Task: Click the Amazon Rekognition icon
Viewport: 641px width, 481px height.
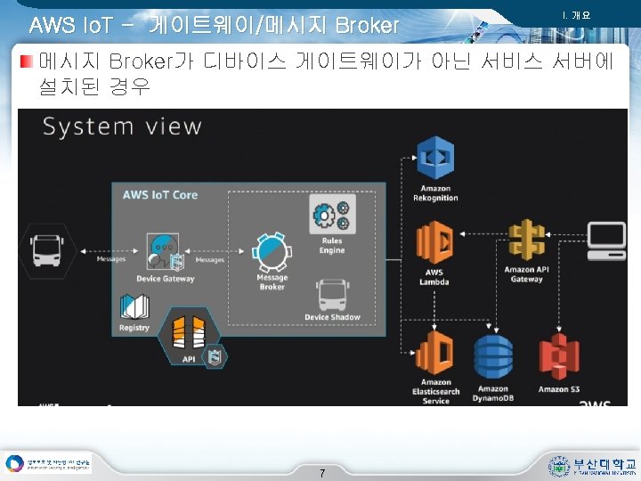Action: (x=436, y=159)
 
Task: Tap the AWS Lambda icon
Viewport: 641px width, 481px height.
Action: (x=434, y=242)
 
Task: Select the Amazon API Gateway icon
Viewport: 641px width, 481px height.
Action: (x=526, y=241)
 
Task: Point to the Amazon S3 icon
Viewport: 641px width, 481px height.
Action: (x=559, y=357)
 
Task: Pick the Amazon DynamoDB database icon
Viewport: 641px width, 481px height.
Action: (x=492, y=358)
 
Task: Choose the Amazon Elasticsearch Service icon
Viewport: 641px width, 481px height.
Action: (x=436, y=354)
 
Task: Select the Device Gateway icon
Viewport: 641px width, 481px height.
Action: (x=163, y=250)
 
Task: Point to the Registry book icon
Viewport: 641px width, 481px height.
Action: (x=134, y=307)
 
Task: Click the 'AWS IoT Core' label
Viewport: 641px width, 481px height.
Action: (x=160, y=194)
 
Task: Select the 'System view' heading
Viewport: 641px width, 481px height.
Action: (x=122, y=126)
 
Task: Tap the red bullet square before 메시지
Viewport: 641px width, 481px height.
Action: (x=27, y=61)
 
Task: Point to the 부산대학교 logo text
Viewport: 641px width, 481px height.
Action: (x=604, y=464)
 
